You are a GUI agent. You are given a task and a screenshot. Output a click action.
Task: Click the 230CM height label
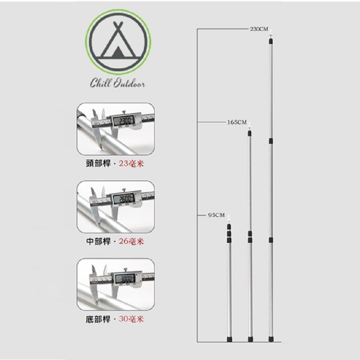click(259, 29)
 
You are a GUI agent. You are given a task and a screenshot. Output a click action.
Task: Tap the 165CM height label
click(237, 122)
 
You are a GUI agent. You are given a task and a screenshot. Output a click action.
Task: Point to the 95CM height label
click(216, 215)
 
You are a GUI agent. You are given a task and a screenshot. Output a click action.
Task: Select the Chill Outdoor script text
click(118, 84)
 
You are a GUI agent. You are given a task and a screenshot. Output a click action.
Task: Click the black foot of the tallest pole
click(271, 339)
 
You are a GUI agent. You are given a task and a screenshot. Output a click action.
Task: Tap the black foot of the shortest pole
click(229, 339)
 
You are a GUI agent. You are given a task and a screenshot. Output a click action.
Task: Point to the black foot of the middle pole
click(250, 339)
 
